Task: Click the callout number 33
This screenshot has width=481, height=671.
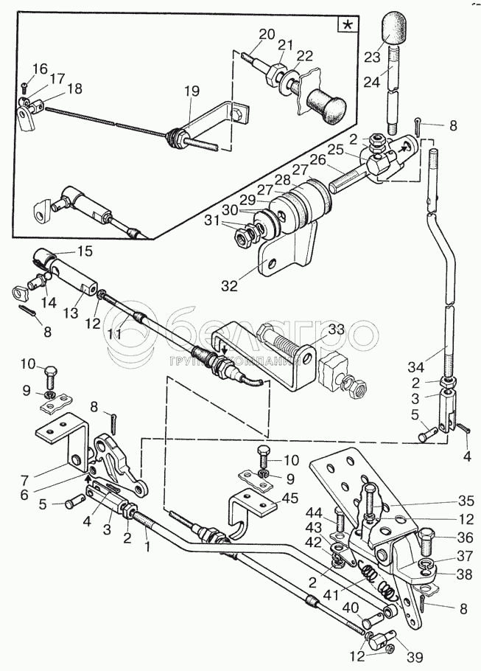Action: [x=335, y=329]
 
